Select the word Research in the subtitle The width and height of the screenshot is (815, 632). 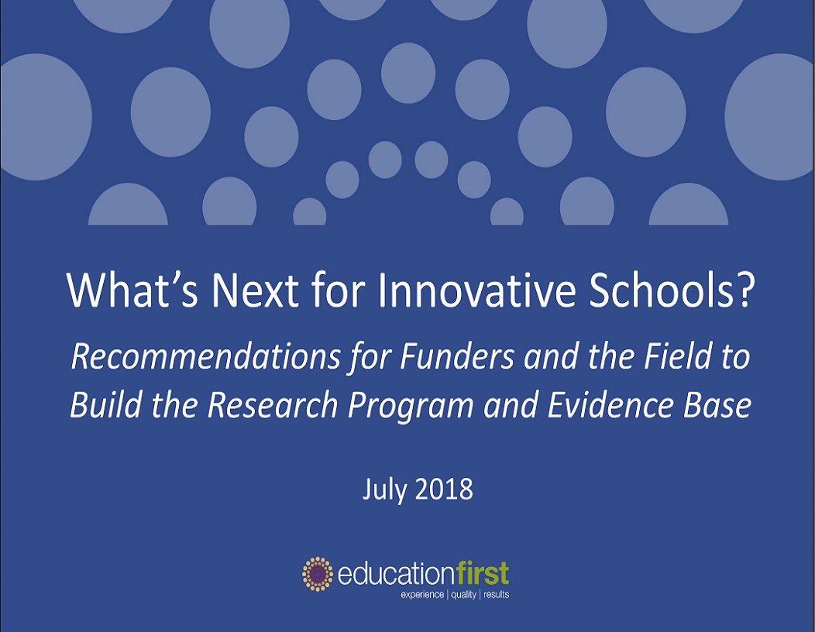(x=273, y=405)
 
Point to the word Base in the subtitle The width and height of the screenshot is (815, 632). (x=717, y=405)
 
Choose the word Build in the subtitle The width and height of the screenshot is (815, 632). (x=106, y=405)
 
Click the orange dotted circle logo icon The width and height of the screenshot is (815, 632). (x=318, y=574)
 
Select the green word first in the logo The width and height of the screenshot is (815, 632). (x=483, y=574)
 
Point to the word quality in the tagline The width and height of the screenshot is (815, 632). (x=463, y=595)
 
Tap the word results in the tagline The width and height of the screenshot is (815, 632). (x=497, y=594)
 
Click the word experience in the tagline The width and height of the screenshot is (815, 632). (x=422, y=595)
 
